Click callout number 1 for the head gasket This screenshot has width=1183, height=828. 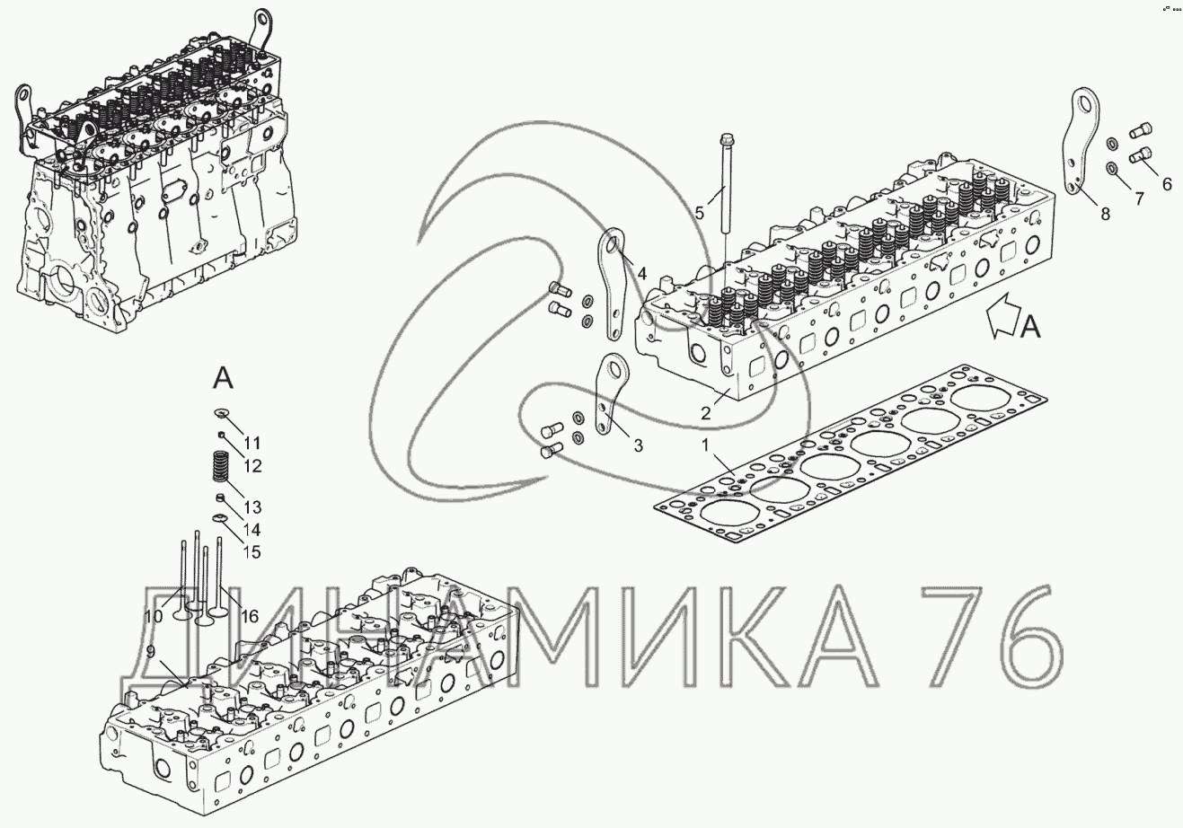(x=704, y=445)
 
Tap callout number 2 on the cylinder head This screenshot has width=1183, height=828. (x=706, y=413)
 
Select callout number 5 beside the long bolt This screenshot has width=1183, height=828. (x=700, y=214)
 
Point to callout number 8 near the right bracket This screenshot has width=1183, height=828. (x=1105, y=214)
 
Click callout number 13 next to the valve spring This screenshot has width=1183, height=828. (x=253, y=506)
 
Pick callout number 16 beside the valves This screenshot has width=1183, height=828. (x=250, y=616)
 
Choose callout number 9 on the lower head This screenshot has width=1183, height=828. (x=151, y=652)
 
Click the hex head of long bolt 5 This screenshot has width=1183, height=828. (x=726, y=140)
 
